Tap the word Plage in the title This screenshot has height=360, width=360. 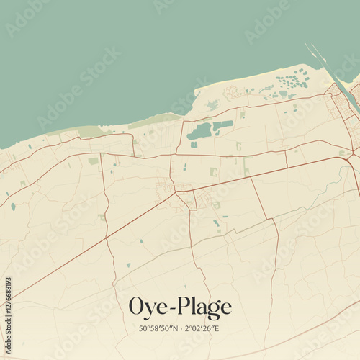tap(202, 308)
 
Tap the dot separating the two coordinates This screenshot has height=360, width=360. tap(180, 329)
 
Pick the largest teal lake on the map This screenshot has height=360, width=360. tap(199, 131)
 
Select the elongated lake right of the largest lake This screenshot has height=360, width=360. tap(222, 125)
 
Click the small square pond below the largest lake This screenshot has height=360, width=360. tap(194, 145)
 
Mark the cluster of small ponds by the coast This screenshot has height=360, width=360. tap(291, 81)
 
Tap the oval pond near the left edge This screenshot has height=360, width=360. tap(13, 207)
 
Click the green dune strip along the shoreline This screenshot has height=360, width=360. tap(155, 120)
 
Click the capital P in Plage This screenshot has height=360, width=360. tap(180, 307)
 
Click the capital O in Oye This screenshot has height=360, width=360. tap(135, 307)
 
